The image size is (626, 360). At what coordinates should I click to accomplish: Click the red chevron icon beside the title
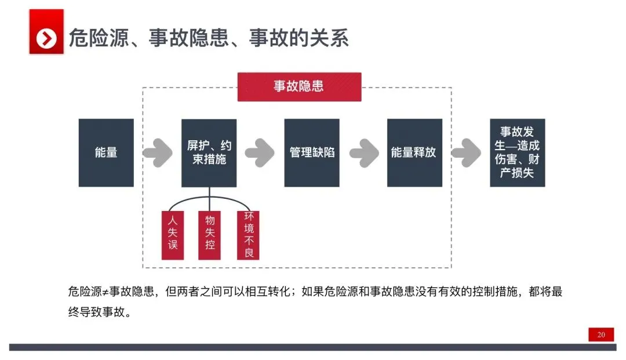[46, 38]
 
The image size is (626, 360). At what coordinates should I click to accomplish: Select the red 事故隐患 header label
[299, 86]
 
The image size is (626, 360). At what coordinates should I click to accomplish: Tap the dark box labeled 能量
[106, 152]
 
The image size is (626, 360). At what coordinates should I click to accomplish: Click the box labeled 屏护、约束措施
[209, 152]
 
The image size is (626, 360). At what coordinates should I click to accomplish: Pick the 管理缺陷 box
[312, 152]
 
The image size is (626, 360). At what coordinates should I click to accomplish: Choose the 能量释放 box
[414, 152]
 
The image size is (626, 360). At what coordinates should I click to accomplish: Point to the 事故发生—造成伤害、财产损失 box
[517, 152]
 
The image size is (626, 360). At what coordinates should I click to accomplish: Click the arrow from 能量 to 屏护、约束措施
[157, 152]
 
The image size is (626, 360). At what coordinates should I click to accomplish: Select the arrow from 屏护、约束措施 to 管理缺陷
[260, 152]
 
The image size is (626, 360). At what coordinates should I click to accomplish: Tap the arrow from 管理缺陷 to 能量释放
[363, 152]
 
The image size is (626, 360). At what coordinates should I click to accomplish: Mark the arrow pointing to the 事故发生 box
[466, 152]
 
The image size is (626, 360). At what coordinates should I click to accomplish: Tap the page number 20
[601, 334]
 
